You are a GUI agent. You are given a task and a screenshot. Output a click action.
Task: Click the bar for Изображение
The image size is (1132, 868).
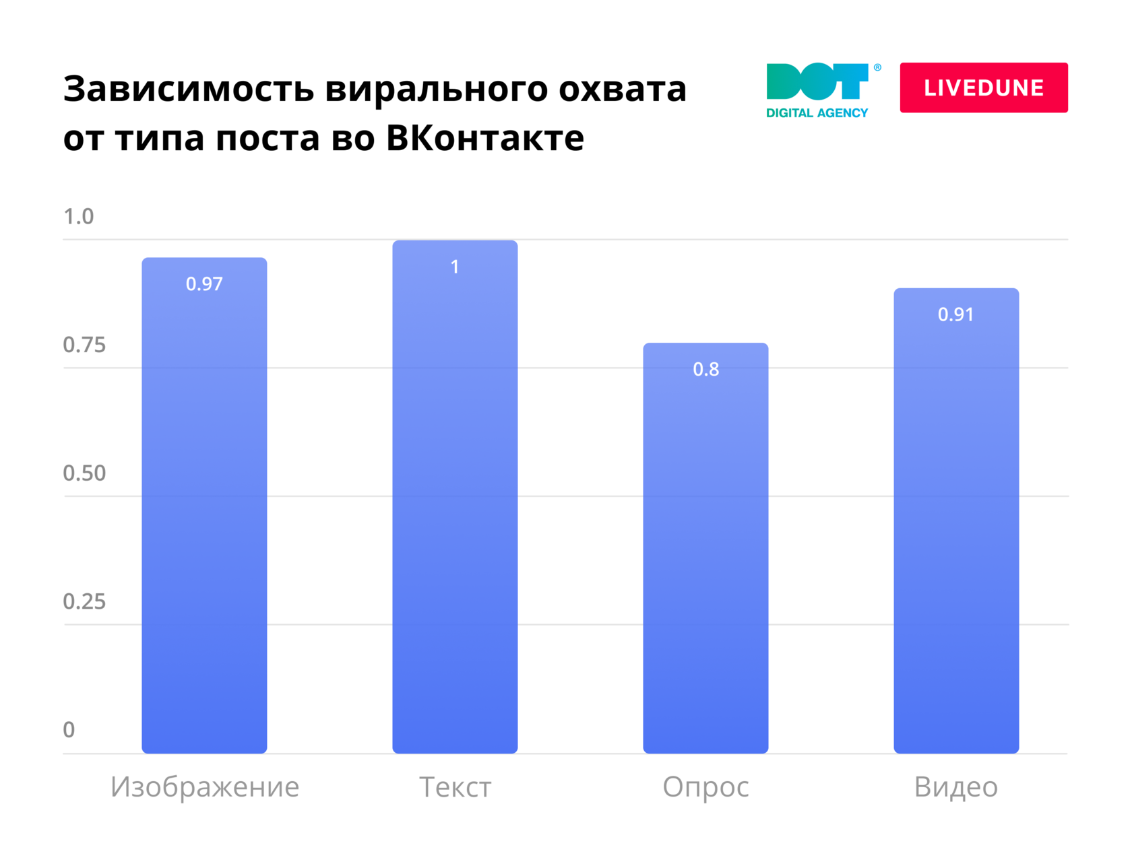pos(204,505)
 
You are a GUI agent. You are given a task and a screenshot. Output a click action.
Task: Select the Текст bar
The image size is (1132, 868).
pos(455,498)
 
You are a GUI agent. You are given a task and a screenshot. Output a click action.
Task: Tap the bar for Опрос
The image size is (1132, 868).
pos(705,549)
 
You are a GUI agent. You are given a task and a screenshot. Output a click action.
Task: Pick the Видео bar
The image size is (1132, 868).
pos(956,522)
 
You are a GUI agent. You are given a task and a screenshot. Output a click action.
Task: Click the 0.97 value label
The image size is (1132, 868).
pos(204,284)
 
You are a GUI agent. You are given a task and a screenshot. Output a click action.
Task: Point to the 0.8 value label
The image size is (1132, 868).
pos(705,370)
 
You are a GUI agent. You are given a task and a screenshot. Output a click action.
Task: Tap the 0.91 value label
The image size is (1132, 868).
pos(955,314)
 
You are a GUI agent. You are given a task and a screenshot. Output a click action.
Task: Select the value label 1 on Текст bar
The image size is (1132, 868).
pos(455,267)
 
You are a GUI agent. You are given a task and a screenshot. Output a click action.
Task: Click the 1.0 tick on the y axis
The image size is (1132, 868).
pos(78,217)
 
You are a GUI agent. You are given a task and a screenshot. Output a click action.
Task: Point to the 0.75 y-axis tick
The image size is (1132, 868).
pos(84,345)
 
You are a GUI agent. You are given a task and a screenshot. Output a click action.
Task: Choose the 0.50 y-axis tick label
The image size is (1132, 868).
pos(84,473)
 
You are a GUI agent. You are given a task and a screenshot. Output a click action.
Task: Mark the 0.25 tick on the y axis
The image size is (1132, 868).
pos(84,601)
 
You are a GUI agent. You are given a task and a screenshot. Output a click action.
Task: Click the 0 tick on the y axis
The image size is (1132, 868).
pos(69,730)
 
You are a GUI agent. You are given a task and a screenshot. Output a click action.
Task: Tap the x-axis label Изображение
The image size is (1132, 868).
pos(205,787)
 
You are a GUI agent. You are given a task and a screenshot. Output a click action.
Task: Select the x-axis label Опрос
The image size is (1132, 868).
pos(705,787)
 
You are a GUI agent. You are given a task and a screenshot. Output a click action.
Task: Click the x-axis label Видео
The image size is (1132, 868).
pos(955,787)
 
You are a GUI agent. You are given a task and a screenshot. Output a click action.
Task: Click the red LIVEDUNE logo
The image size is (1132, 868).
pos(984,88)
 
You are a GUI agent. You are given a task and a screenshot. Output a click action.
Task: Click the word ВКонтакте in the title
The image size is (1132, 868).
pos(485,138)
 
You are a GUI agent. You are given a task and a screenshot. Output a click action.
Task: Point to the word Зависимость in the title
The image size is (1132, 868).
pos(189,89)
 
